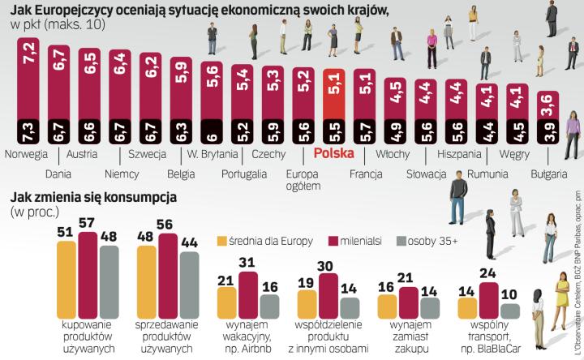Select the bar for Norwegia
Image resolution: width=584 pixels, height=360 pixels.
(28, 89)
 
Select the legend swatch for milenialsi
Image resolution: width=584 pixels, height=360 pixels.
(337, 218)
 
